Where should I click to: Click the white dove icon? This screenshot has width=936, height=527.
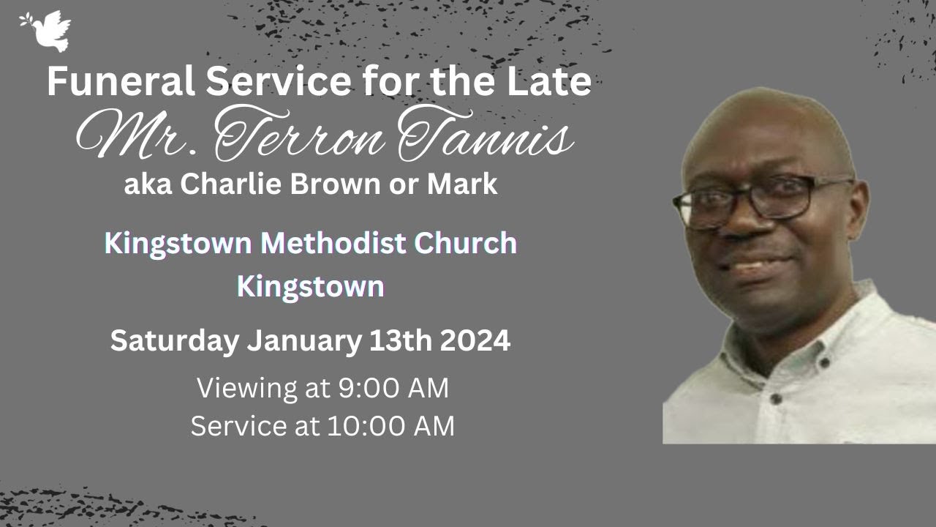point(48,31)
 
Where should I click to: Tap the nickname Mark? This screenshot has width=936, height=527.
point(462,184)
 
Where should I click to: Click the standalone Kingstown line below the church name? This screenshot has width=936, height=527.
point(310,287)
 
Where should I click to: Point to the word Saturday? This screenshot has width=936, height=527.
point(174,341)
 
